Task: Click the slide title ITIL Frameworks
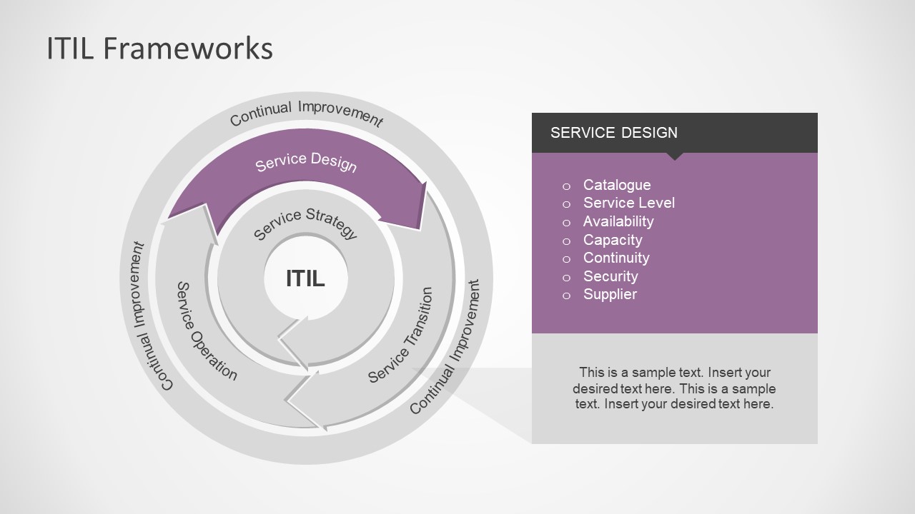coord(159,49)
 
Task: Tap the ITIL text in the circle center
coord(305,278)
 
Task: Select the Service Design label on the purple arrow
coord(306,162)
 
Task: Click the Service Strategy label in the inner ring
coord(306,222)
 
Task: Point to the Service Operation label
coord(206,331)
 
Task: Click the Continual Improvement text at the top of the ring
coord(306,113)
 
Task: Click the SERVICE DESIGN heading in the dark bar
coord(614,133)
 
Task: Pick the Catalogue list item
coord(616,185)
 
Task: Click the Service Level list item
coord(628,203)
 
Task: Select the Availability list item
coord(618,221)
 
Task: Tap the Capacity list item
coord(612,240)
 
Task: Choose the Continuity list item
coord(615,258)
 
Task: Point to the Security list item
coord(610,276)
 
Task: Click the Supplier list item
coord(610,294)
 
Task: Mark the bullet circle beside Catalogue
coord(567,186)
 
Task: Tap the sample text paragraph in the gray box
coord(674,388)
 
